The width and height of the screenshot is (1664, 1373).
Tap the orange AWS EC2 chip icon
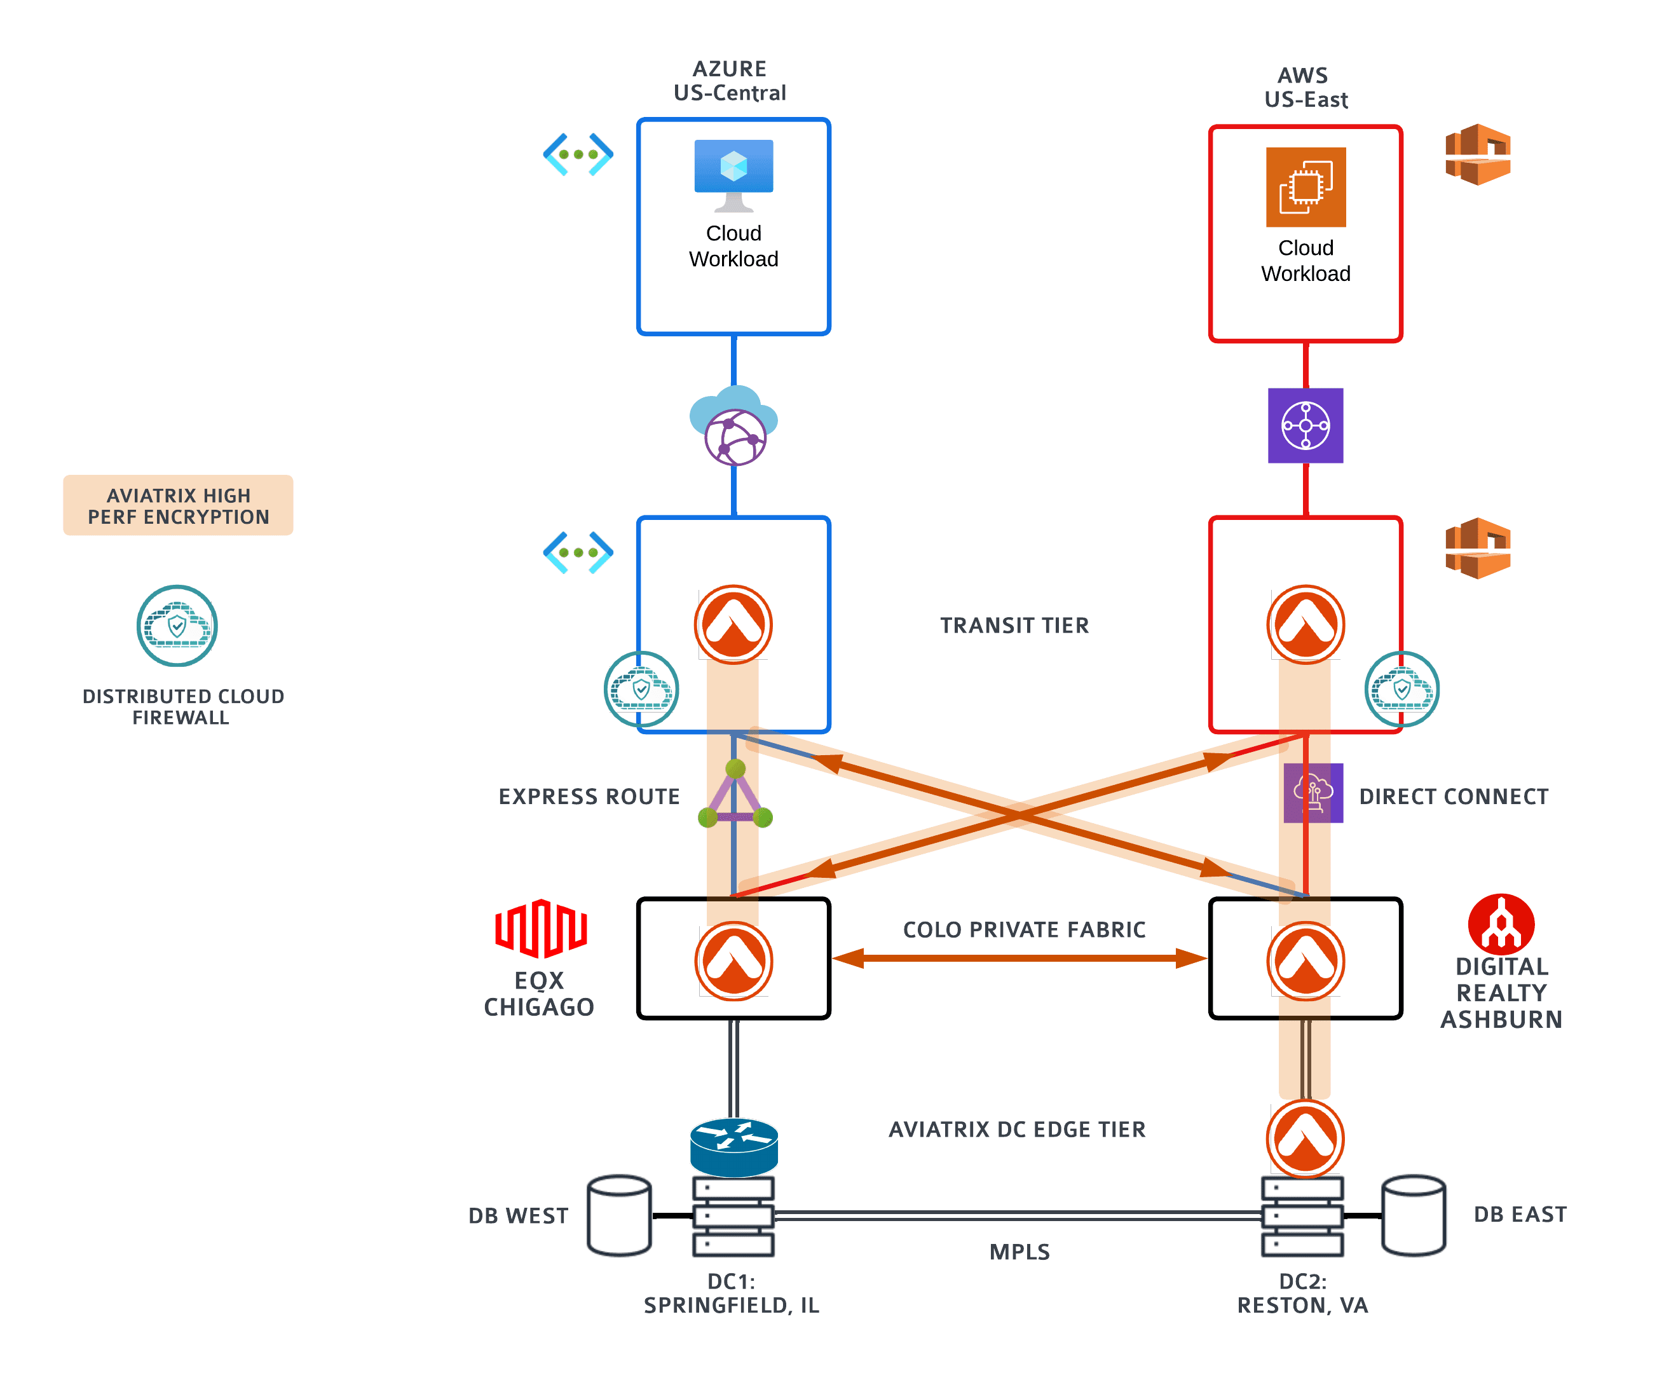pos(1305,187)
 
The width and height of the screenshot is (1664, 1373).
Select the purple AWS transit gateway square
pos(1305,425)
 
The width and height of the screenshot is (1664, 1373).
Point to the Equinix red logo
pos(540,927)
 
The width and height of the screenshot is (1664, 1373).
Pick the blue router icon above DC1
pos(734,1146)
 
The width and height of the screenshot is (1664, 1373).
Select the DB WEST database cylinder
pos(619,1215)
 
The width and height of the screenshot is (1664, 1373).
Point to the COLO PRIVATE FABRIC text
pos(1023,929)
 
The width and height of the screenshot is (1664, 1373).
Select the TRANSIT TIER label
pos(1014,625)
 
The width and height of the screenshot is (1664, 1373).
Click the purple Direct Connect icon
pos(1313,793)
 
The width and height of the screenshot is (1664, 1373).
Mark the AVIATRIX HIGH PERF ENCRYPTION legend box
pos(178,505)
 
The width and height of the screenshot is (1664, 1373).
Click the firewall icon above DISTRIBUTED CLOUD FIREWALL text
pos(177,625)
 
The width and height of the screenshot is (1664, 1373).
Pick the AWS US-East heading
pos(1305,87)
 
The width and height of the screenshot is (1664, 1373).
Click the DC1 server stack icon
pos(733,1215)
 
